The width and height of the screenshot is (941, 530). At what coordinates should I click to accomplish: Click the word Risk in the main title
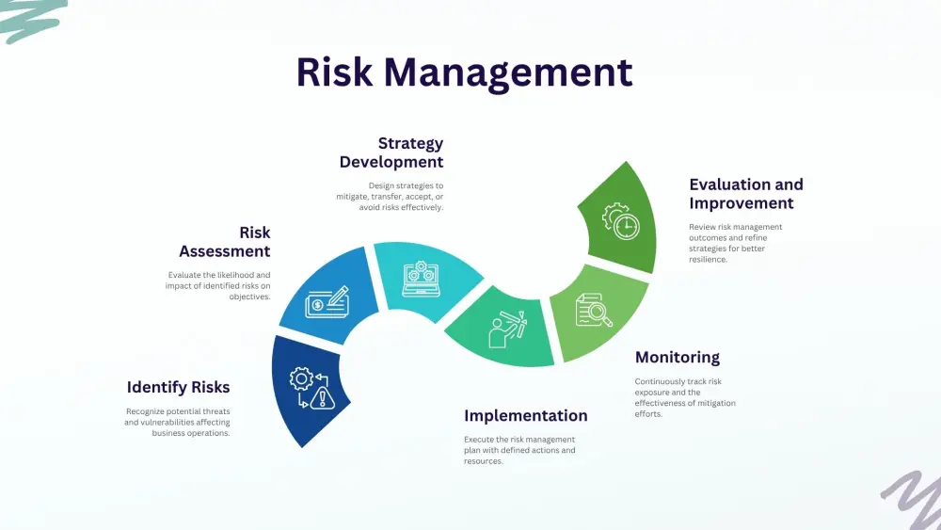pyautogui.click(x=334, y=72)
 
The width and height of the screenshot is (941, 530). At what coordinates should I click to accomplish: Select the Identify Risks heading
pyautogui.click(x=178, y=388)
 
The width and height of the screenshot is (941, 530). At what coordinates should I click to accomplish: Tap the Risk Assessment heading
pyautogui.click(x=225, y=242)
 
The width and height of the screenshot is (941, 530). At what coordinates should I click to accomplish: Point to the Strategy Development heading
pyautogui.click(x=391, y=153)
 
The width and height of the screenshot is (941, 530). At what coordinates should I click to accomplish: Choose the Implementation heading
pyautogui.click(x=526, y=416)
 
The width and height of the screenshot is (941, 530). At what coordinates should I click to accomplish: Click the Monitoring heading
pyautogui.click(x=678, y=358)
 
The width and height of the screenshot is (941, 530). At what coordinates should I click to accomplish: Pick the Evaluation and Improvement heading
pyautogui.click(x=746, y=194)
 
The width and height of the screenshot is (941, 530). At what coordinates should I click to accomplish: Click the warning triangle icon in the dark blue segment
pyautogui.click(x=323, y=397)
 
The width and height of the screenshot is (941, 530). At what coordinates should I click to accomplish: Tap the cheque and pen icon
pyautogui.click(x=327, y=302)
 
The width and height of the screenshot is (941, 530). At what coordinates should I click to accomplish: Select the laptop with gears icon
pyautogui.click(x=422, y=279)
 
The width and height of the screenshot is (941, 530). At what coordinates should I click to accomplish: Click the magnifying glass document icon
pyautogui.click(x=594, y=311)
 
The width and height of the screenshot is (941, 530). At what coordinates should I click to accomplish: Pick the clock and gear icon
pyautogui.click(x=621, y=221)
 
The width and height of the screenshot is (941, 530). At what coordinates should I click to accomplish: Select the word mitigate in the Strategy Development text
pyautogui.click(x=352, y=197)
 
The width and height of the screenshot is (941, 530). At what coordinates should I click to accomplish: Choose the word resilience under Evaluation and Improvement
pyautogui.click(x=709, y=259)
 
